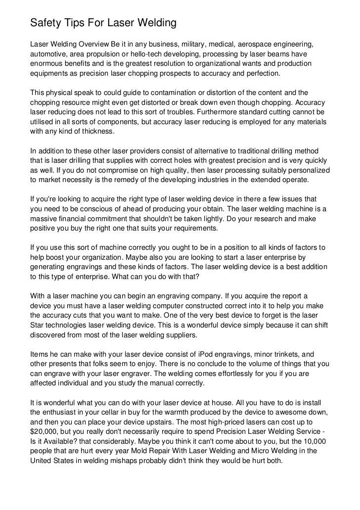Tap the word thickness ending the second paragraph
(97, 132)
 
